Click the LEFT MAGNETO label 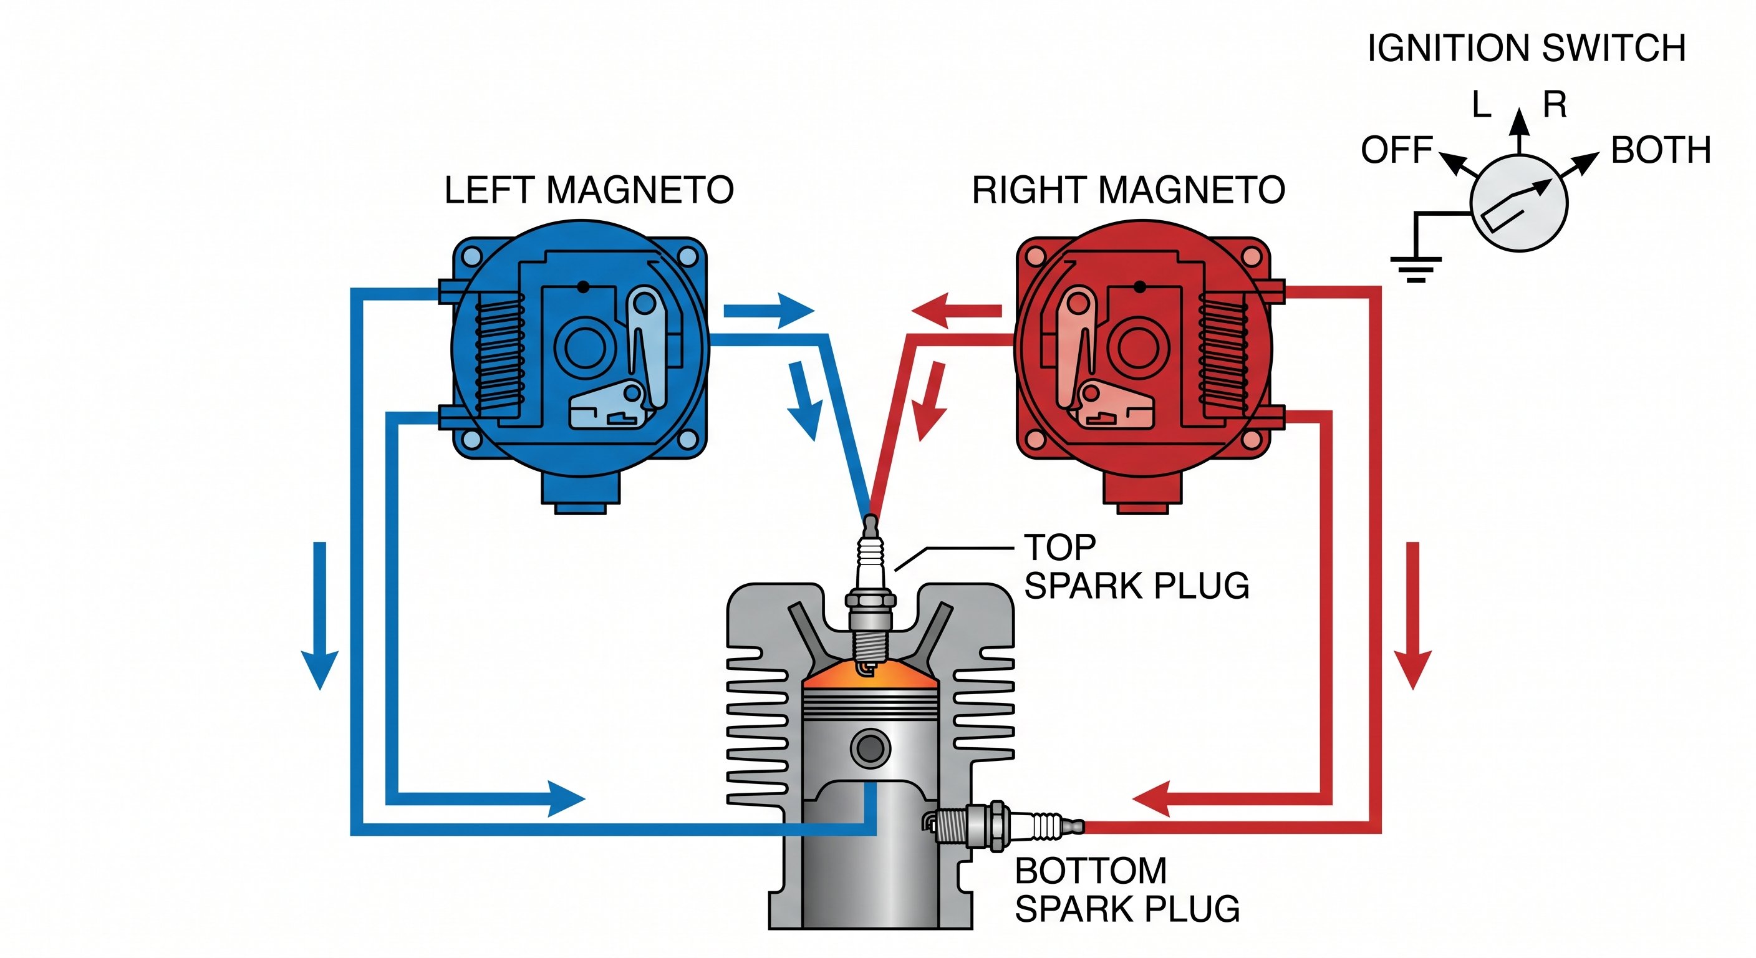[589, 190]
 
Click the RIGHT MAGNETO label [1128, 190]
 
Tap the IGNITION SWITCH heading [1527, 49]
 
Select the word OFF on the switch [1397, 150]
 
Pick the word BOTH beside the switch [1661, 150]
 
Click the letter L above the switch [1481, 105]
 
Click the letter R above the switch [1555, 105]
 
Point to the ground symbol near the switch [1416, 268]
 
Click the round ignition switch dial [1519, 203]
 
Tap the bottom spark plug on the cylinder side [1002, 826]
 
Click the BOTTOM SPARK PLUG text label [1126, 890]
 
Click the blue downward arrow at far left [320, 614]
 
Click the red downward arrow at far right [1412, 614]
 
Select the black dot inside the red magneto [1140, 286]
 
